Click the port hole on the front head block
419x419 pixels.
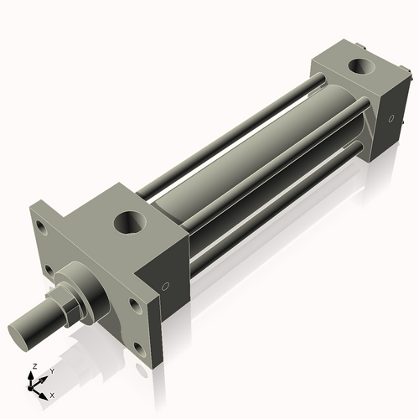131,223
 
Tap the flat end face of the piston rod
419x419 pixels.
24,329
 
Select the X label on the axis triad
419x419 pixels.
53,394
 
